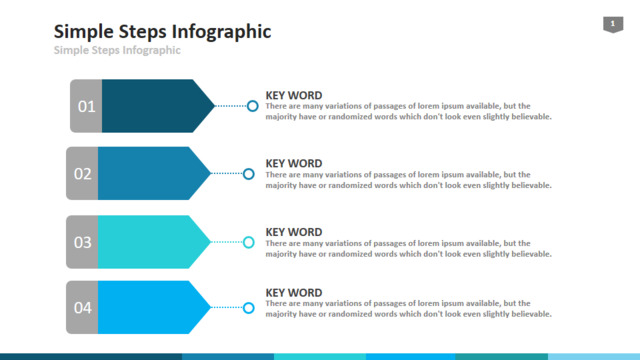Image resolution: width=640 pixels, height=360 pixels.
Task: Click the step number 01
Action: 87,107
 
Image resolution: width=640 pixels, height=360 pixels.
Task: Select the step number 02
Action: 82,174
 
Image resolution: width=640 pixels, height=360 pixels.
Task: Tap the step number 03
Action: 82,242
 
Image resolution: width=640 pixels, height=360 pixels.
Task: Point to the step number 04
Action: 82,308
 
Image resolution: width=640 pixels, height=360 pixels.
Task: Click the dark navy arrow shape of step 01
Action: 155,106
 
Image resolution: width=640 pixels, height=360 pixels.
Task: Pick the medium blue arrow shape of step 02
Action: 151,173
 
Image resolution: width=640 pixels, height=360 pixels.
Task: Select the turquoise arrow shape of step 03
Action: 151,242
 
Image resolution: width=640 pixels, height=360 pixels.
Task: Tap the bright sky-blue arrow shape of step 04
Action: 151,307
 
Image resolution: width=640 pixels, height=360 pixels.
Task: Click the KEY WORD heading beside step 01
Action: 294,96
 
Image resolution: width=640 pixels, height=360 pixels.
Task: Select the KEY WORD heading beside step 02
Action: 294,164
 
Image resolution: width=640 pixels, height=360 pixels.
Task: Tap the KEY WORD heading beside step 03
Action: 294,232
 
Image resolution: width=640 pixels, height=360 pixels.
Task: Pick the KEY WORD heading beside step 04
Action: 294,293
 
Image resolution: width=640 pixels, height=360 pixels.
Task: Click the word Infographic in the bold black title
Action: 222,32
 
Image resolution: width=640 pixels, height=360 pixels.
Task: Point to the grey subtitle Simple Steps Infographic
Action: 117,50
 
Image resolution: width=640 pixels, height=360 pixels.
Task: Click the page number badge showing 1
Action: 613,24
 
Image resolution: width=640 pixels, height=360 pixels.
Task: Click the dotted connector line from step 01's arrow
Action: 231,106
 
